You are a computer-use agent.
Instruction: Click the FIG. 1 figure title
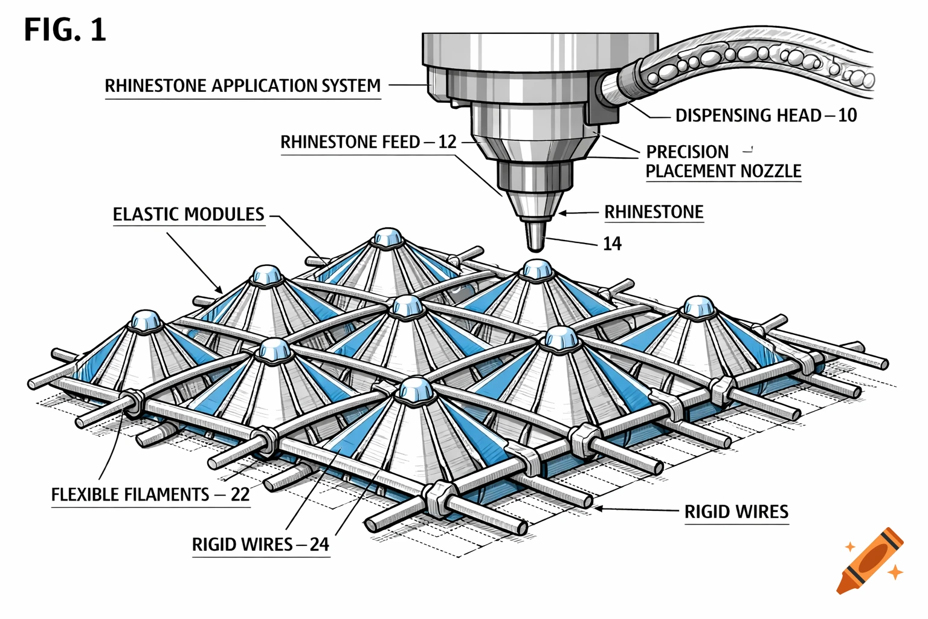65,30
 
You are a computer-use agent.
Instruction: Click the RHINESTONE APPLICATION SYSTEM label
243,86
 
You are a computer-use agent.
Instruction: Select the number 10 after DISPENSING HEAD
847,115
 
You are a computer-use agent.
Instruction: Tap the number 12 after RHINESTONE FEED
447,142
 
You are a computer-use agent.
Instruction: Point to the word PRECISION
687,152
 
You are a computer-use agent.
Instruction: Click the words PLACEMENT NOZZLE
723,172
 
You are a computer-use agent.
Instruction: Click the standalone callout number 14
612,244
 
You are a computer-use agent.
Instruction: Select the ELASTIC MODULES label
188,215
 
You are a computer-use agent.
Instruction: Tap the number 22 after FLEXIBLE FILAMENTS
240,495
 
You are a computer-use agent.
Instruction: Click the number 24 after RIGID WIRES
319,545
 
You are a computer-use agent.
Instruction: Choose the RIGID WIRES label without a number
736,513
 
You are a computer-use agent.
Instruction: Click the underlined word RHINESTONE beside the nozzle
654,213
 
